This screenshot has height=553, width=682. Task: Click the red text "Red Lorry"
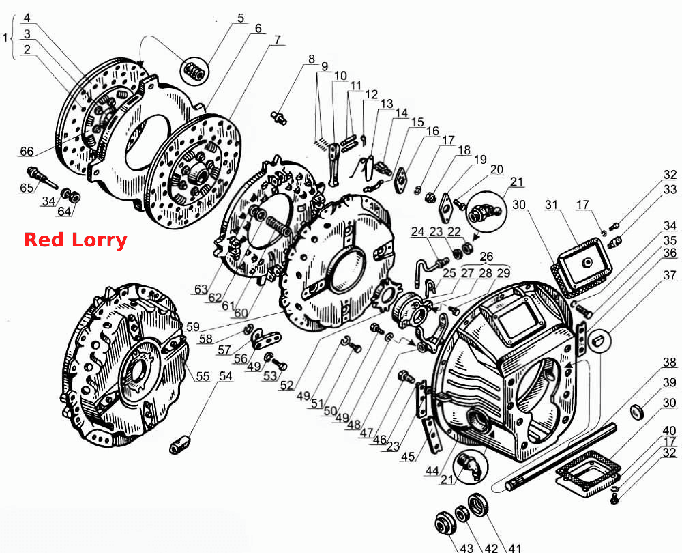tap(75, 240)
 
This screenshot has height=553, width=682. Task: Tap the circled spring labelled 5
tap(194, 72)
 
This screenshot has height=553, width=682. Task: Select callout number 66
tap(27, 151)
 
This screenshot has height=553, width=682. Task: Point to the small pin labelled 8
tap(278, 117)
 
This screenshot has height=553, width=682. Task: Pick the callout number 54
tap(225, 375)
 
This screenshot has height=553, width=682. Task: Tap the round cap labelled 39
tap(638, 412)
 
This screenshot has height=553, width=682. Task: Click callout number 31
tap(551, 205)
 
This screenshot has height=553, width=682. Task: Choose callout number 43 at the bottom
tap(466, 548)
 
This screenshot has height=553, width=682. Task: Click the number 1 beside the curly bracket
tap(5, 38)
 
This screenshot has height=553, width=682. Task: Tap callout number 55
tap(203, 376)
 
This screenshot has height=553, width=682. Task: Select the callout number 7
tap(278, 40)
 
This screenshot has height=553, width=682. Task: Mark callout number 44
tap(432, 470)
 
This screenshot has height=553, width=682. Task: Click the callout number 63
tap(201, 289)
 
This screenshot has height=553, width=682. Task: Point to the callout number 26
tap(486, 257)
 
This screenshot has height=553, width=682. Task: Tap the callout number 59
tap(193, 327)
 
